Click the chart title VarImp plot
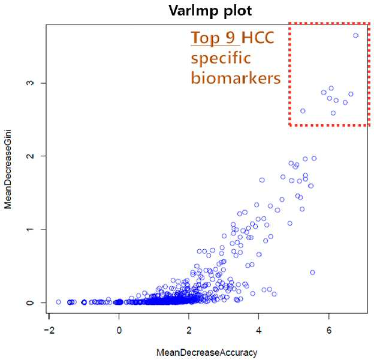(210, 11)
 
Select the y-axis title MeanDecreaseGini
(8, 170)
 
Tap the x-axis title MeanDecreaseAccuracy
(207, 352)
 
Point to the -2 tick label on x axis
(49, 330)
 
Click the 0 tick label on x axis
(119, 330)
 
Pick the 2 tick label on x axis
(189, 330)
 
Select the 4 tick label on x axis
(259, 330)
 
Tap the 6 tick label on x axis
(329, 330)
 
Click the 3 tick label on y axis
(31, 83)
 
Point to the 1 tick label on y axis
(31, 229)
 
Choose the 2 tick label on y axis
(31, 156)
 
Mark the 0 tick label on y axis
(31, 302)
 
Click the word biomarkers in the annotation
(236, 78)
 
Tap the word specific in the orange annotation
(221, 58)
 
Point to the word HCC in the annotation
(258, 37)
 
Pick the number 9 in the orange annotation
(230, 37)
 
